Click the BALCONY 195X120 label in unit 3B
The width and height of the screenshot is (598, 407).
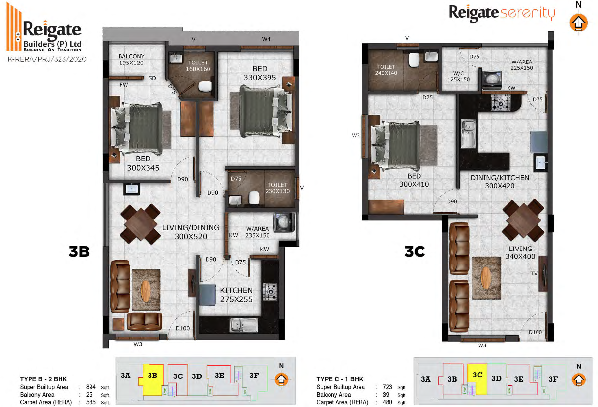coord(131,60)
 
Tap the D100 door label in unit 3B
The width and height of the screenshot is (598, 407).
coord(182,328)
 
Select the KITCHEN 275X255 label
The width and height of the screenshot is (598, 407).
coord(236,295)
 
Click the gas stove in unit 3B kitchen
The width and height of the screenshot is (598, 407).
coord(270,291)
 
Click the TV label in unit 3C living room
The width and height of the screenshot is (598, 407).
coord(534,273)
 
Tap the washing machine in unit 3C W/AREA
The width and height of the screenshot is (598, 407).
coord(492,80)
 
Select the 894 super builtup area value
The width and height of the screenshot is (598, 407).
coord(91,387)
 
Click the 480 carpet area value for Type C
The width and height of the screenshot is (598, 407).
coord(387,402)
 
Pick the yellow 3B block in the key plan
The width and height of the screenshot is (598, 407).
coord(152,379)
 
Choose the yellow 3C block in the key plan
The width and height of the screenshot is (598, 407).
coord(478,379)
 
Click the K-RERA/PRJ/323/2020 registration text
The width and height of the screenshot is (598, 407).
coord(47,59)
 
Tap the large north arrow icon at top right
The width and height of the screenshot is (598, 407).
coord(578,23)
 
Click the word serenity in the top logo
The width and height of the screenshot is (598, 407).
coord(528,13)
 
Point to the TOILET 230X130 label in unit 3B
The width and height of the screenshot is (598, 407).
coord(277,188)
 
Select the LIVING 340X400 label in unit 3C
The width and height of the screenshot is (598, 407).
coord(520,252)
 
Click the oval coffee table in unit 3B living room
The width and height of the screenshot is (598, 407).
coord(146,290)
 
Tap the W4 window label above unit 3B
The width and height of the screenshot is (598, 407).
coord(266,39)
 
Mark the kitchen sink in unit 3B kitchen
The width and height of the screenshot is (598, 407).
coord(243,325)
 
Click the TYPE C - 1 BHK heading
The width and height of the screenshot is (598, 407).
coord(340,379)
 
